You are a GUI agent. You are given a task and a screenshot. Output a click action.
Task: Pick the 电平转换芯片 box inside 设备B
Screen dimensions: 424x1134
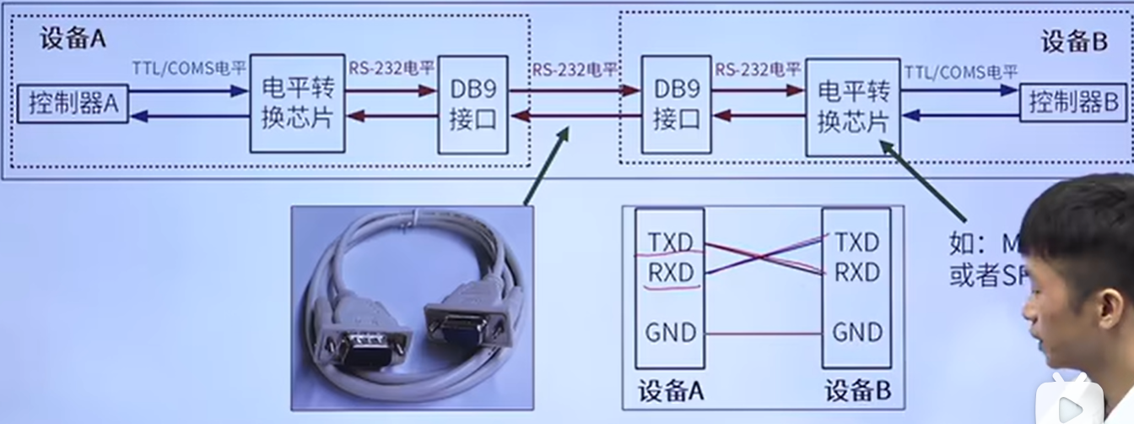pyautogui.click(x=852, y=106)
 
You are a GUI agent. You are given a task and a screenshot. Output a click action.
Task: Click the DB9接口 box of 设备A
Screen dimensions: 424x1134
pyautogui.click(x=473, y=105)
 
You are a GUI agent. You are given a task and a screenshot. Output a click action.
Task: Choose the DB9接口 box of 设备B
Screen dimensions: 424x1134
pyautogui.click(x=676, y=106)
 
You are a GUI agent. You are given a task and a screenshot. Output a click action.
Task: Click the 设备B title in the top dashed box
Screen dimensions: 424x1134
pyautogui.click(x=1073, y=41)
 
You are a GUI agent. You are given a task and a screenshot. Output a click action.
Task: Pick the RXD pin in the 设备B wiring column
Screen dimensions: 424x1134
pyautogui.click(x=857, y=272)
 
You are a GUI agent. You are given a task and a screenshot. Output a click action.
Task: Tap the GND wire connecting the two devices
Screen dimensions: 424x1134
pyautogui.click(x=762, y=334)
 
